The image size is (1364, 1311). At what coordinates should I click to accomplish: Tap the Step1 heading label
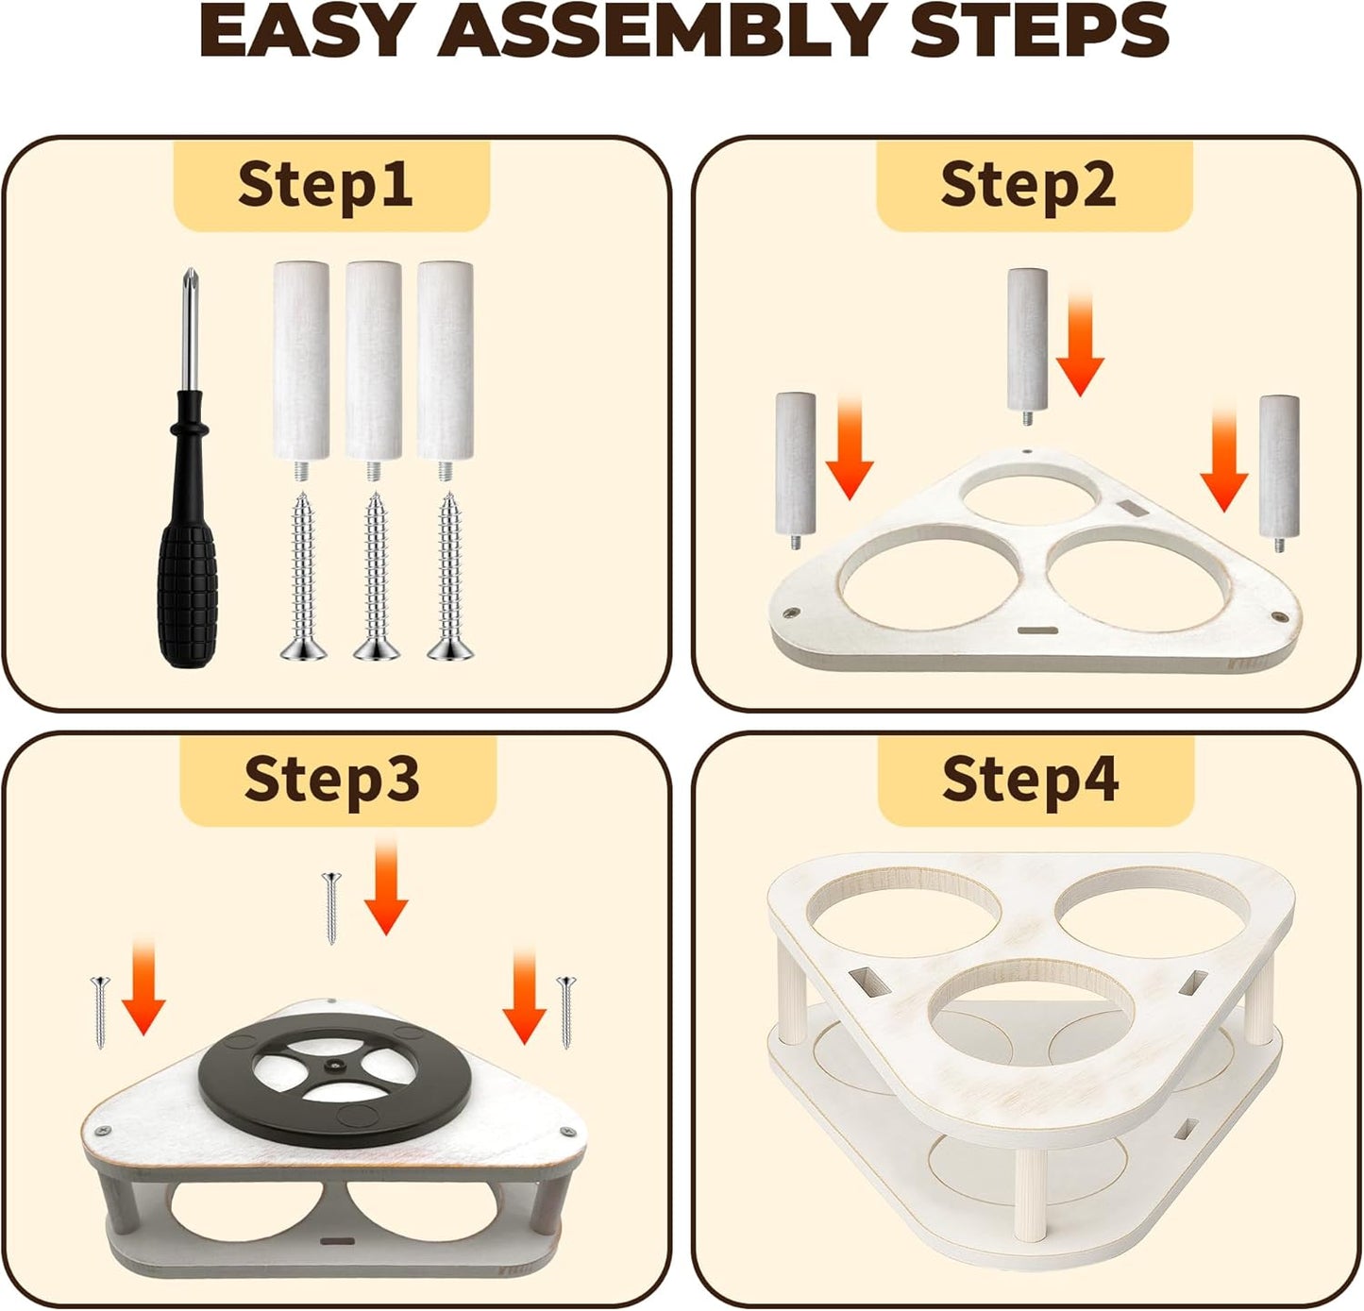[x=326, y=184]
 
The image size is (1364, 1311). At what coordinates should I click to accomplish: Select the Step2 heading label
[x=1028, y=184]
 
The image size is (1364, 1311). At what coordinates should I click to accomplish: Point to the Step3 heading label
[x=331, y=780]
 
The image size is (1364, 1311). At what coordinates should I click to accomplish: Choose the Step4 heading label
[x=1030, y=780]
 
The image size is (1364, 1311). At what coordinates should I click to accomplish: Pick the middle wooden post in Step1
[x=374, y=370]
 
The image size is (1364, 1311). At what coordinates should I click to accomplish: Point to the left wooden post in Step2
[x=796, y=470]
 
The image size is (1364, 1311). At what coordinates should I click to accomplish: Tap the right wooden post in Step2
[x=1279, y=474]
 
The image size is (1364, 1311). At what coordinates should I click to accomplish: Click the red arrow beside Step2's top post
[x=1080, y=344]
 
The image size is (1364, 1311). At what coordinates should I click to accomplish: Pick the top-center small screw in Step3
[x=330, y=908]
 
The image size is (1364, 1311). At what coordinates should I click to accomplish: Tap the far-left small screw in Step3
[x=101, y=1012]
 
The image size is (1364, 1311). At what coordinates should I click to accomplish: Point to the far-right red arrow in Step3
[x=524, y=996]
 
